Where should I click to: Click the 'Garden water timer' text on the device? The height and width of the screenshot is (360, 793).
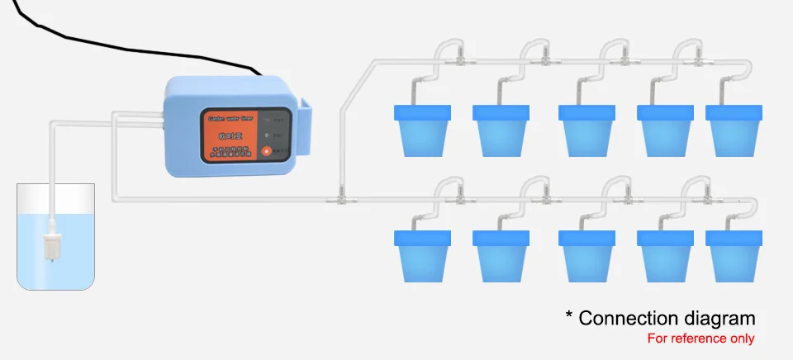228,118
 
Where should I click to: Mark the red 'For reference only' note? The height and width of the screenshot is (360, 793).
700,339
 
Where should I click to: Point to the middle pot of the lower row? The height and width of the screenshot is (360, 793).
587,255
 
